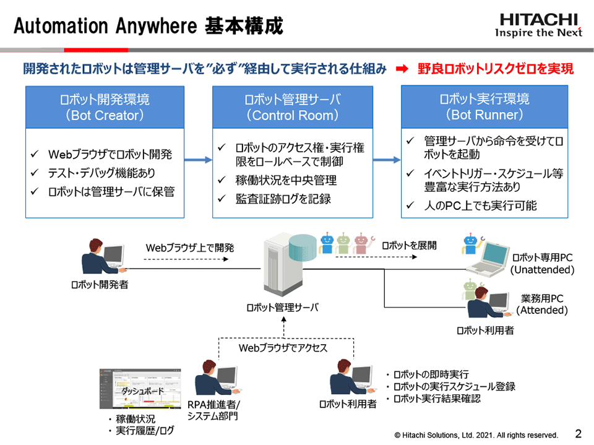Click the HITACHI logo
[x=539, y=24]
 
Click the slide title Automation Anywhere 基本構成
[x=148, y=26]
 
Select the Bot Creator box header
[x=105, y=107]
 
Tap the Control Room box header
[x=292, y=107]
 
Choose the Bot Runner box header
[x=484, y=107]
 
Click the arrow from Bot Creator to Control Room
[x=198, y=160]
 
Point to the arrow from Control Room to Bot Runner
[x=387, y=160]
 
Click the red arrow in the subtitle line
[x=402, y=69]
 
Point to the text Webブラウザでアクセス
[x=283, y=348]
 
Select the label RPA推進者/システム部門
[x=213, y=410]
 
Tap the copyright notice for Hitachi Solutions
[x=476, y=434]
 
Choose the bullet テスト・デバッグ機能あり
[x=101, y=173]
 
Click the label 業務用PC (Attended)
[x=542, y=305]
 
